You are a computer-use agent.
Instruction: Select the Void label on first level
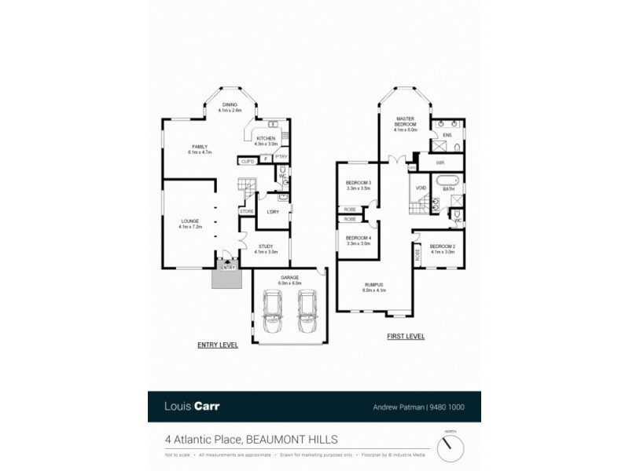pos(421,188)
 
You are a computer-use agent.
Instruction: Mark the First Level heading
pos(406,337)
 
